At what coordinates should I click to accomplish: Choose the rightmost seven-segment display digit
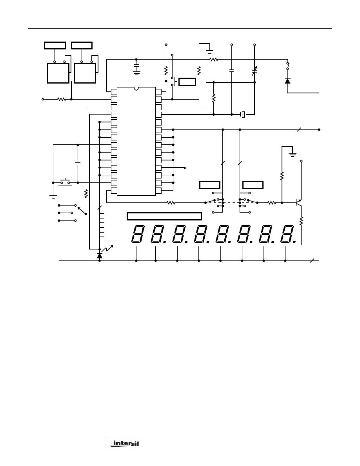coord(287,235)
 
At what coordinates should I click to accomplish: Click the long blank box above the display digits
coord(164,216)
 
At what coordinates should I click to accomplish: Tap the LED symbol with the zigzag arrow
coord(100,255)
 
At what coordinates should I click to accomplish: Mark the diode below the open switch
coord(287,81)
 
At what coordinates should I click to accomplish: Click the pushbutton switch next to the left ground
coord(65,182)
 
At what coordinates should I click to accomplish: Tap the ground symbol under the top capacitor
coord(136,72)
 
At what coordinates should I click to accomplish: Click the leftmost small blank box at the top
coord(55,45)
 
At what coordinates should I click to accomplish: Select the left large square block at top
coord(58,73)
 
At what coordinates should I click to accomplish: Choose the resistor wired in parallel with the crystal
coord(213,98)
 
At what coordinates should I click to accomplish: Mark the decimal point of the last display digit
coord(295,242)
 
